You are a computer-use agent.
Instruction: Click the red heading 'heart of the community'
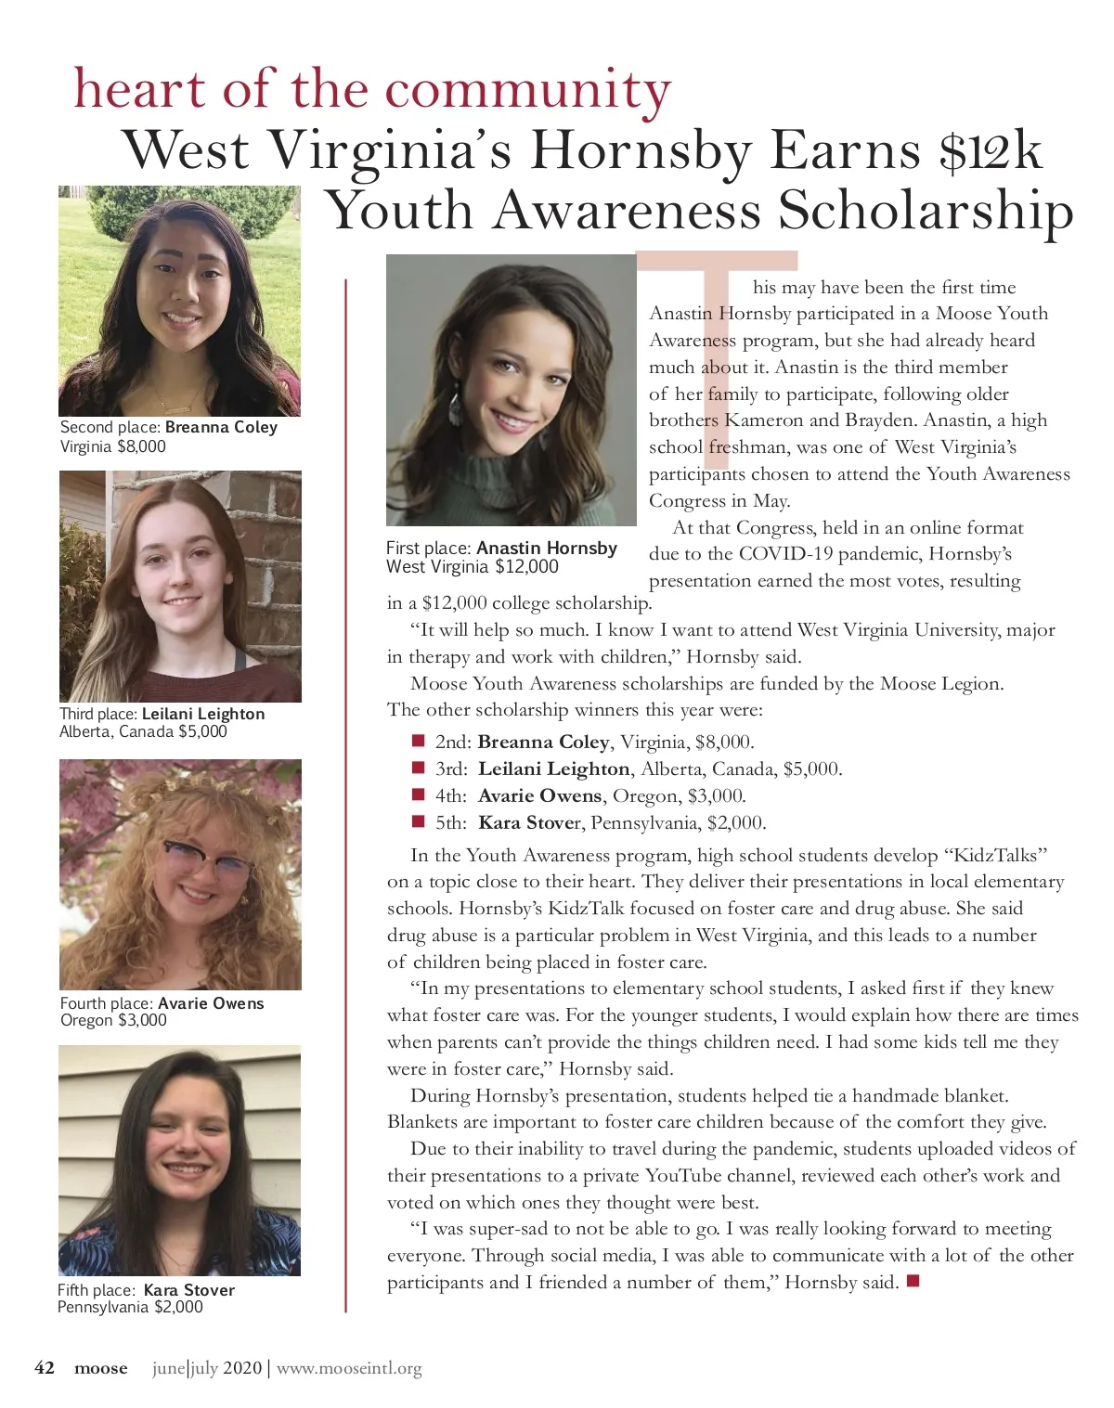[x=371, y=89]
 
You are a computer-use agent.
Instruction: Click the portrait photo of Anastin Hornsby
[x=511, y=390]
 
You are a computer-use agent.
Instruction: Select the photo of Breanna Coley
[x=179, y=301]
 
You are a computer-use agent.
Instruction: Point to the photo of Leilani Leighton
[x=180, y=587]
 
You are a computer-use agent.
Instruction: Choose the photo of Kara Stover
[x=179, y=1160]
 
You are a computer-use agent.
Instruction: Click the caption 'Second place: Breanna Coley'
[x=168, y=427]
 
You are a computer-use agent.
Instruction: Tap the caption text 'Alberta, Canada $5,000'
[x=143, y=731]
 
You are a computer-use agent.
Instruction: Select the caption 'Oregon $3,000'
[x=113, y=1020]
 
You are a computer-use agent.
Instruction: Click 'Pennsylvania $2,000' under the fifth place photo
[x=130, y=1307]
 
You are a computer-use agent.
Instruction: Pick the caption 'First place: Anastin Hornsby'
[x=501, y=548]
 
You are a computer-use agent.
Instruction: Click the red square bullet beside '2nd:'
[x=418, y=741]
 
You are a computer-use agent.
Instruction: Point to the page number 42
[x=45, y=1367]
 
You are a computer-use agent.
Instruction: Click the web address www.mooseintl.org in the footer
[x=349, y=1368]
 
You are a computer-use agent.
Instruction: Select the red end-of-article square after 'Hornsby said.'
[x=913, y=1282]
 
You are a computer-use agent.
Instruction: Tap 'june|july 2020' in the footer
[x=207, y=1368]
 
